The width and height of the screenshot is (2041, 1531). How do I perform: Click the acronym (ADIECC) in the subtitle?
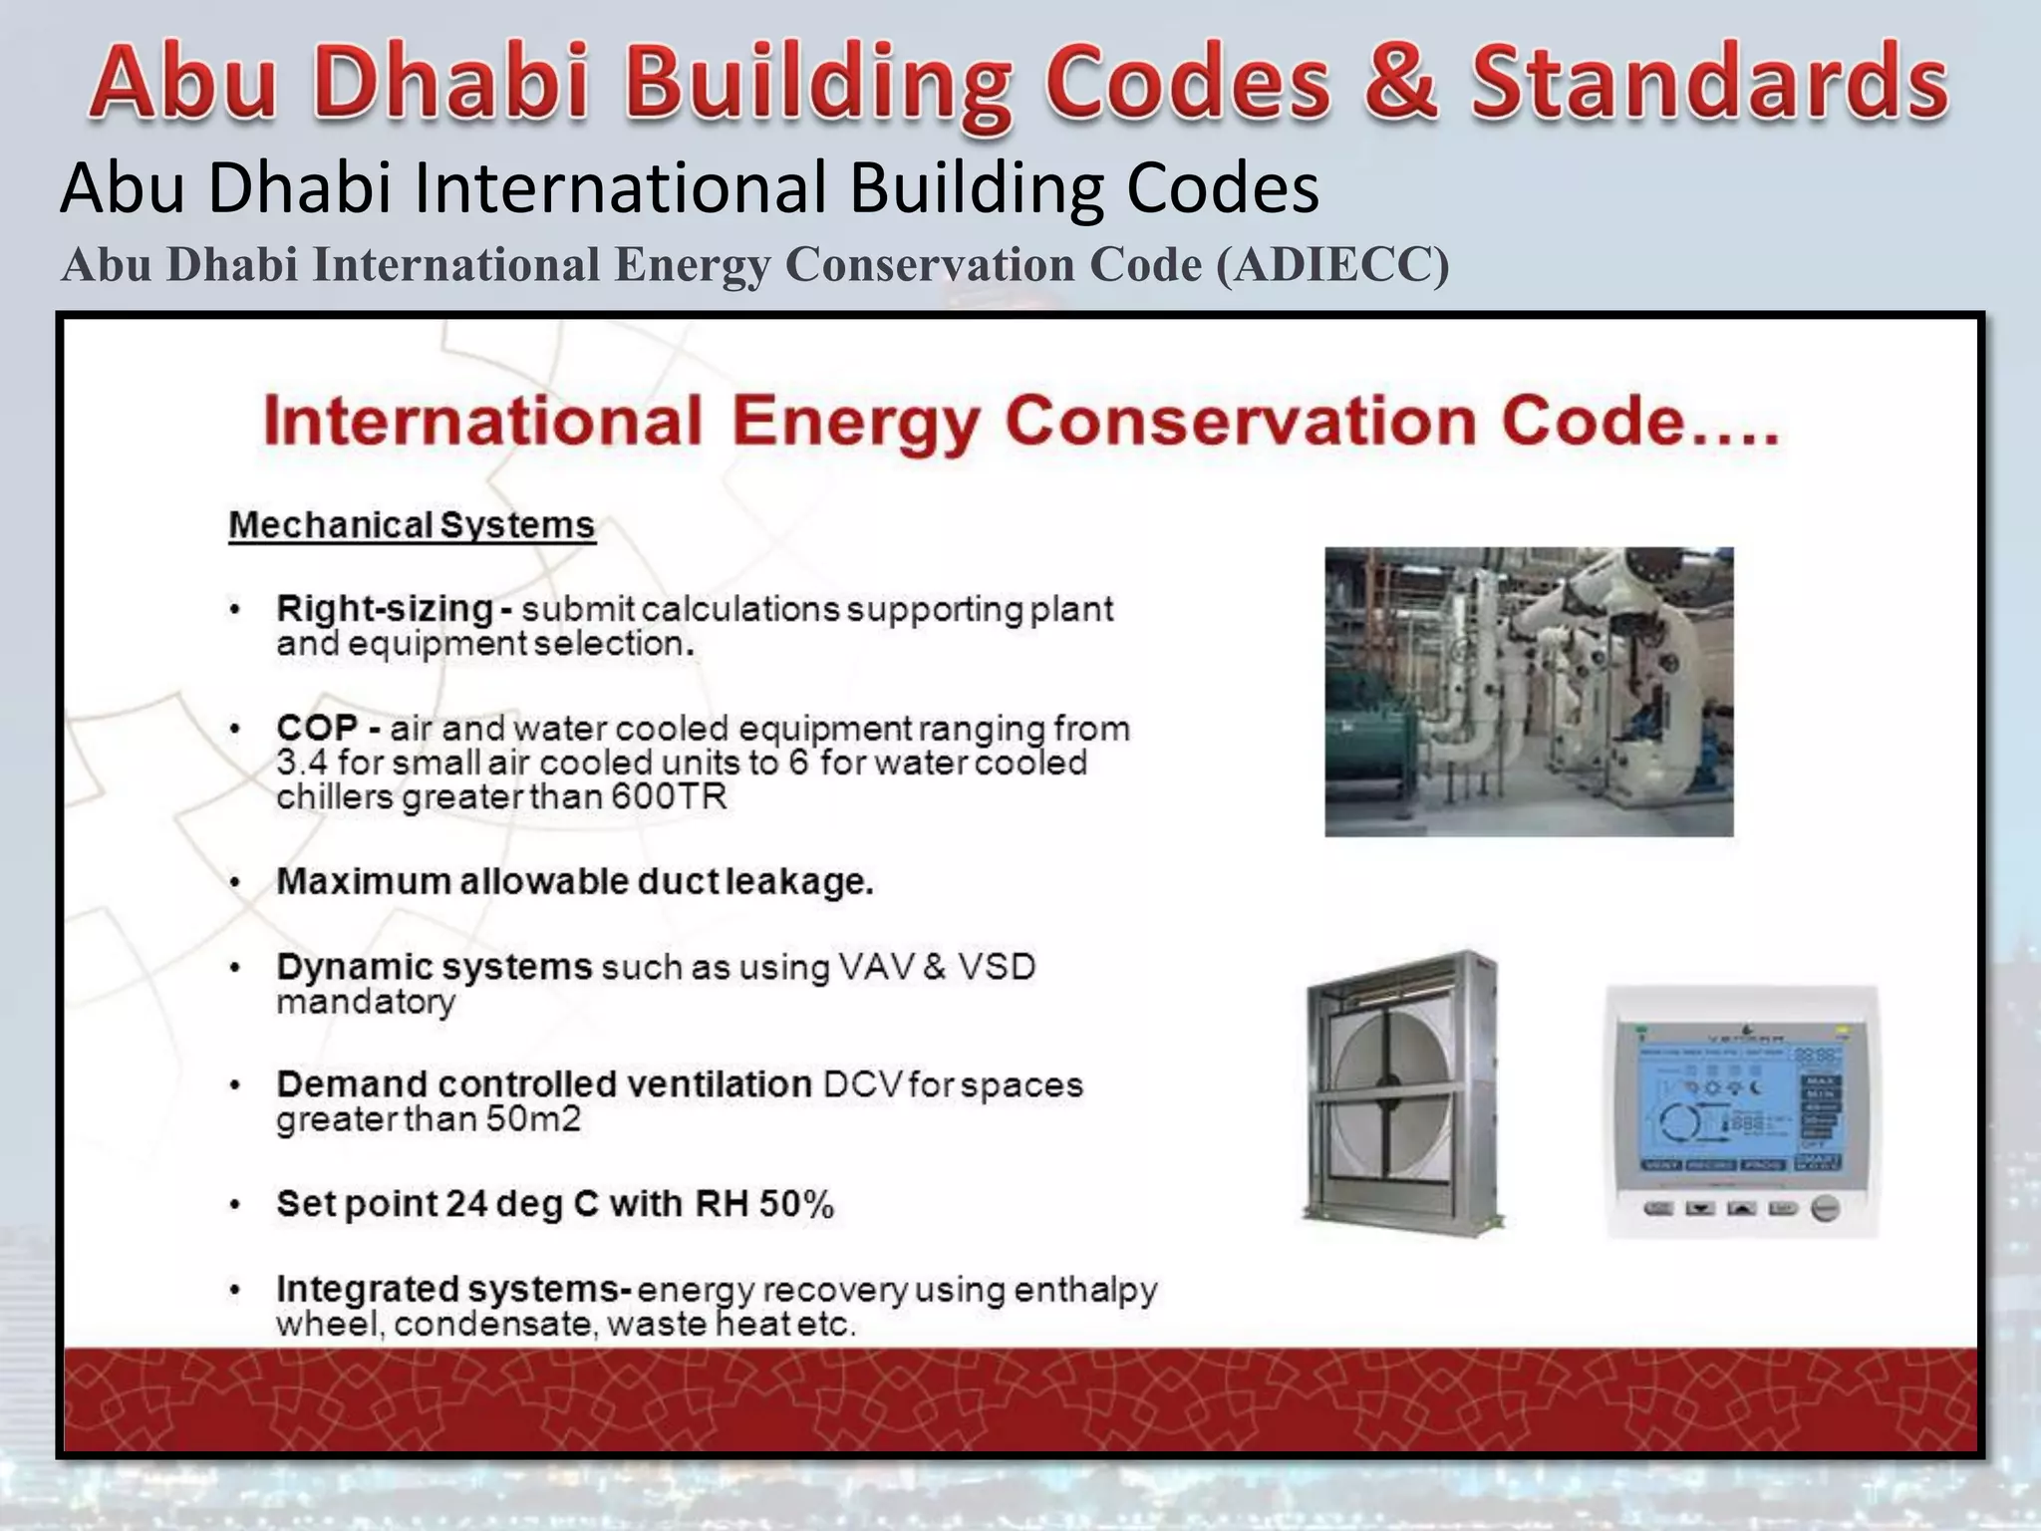[x=1332, y=265]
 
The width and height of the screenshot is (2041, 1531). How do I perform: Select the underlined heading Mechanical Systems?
[x=412, y=525]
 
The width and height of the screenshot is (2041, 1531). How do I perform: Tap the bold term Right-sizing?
[x=385, y=608]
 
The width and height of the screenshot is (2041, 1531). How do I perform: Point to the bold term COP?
[x=316, y=728]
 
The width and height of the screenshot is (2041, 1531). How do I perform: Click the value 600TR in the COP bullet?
[x=669, y=796]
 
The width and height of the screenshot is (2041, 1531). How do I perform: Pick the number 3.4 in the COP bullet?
[x=301, y=763]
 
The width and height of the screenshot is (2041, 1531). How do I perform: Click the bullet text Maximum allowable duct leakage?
[x=574, y=881]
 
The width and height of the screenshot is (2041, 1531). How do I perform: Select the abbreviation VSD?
[x=997, y=967]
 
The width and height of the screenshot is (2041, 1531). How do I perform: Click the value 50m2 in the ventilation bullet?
[x=533, y=1118]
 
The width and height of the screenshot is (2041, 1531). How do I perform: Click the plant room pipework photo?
[x=1528, y=691]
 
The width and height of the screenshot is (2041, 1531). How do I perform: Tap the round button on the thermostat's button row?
[x=1825, y=1208]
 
